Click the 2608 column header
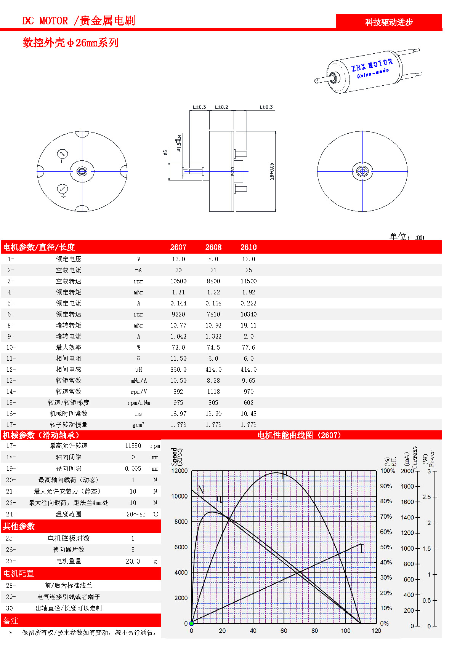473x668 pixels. coord(213,247)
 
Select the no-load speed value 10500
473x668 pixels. coord(178,281)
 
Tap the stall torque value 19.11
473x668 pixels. coord(249,325)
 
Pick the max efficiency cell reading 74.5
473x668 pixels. coord(213,347)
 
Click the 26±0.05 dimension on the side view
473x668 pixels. coord(272,171)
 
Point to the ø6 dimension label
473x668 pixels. coord(165,152)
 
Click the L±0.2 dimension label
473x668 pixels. coord(221,107)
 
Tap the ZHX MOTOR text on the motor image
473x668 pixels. coord(372,65)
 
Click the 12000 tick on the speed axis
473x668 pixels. coord(180,471)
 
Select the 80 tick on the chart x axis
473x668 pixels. coord(314,631)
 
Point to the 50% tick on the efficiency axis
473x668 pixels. coord(386,547)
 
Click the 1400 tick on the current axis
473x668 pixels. coord(407,517)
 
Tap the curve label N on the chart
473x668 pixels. coord(201,490)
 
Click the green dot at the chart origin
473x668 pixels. coord(191,623)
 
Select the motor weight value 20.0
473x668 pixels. coord(133,561)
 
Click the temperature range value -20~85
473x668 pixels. coord(134,514)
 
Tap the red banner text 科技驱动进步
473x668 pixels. coord(389,22)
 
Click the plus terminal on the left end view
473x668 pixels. coord(63,189)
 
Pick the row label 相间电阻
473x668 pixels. coord(69,358)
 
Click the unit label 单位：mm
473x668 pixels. coord(406,237)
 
